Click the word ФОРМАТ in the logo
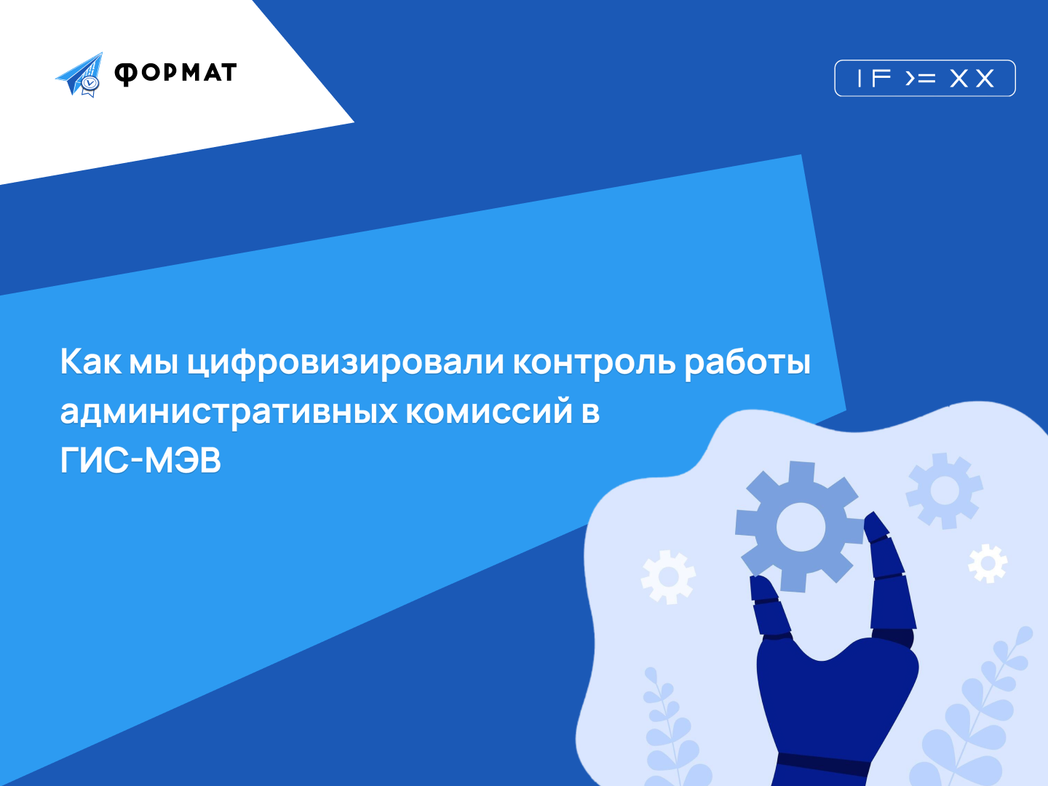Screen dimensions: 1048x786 tap(175, 74)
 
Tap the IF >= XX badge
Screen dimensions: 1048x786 tap(925, 79)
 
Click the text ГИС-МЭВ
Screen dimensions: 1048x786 tap(140, 461)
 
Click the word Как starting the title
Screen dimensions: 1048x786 tap(91, 362)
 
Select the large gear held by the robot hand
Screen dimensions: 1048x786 tap(801, 526)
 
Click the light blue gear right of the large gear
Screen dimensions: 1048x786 tap(945, 491)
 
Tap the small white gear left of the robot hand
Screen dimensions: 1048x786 tap(668, 577)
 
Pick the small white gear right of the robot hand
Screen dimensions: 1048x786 tap(988, 563)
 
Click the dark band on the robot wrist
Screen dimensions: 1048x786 tap(824, 764)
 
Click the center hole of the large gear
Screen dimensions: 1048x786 tap(801, 527)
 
